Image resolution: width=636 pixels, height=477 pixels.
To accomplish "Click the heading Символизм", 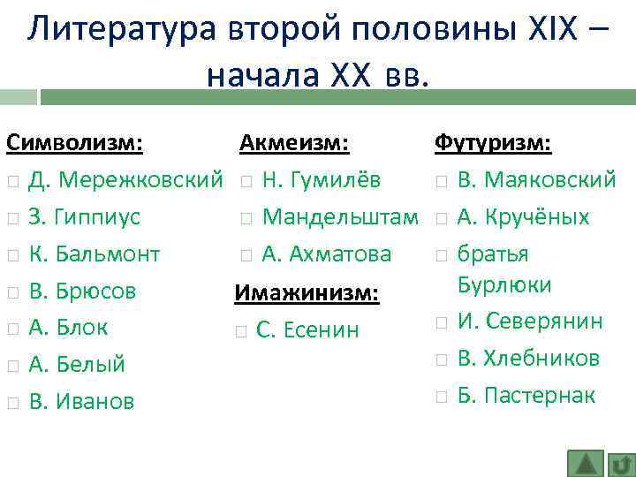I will (76, 143).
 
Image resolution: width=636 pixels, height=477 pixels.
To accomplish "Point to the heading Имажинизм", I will (306, 292).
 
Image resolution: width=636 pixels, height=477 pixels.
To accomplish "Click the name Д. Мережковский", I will (125, 180).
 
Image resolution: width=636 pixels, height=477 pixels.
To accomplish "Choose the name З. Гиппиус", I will (85, 217).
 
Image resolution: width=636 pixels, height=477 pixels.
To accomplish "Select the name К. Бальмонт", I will (94, 254).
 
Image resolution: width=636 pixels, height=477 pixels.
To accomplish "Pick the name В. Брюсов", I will (82, 291).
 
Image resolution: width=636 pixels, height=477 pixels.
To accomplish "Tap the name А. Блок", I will (68, 328).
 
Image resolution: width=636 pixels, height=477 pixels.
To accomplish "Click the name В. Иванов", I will (81, 402).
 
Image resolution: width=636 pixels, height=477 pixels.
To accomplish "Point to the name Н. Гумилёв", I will (322, 180).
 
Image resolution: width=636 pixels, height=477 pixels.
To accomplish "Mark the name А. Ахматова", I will (326, 254).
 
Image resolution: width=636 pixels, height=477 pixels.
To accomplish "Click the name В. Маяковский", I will (536, 180).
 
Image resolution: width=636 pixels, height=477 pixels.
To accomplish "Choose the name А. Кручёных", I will (523, 217).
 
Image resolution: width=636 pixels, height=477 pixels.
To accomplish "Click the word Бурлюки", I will (503, 285).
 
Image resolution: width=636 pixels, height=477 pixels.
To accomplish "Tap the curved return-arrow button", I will (621, 464).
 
